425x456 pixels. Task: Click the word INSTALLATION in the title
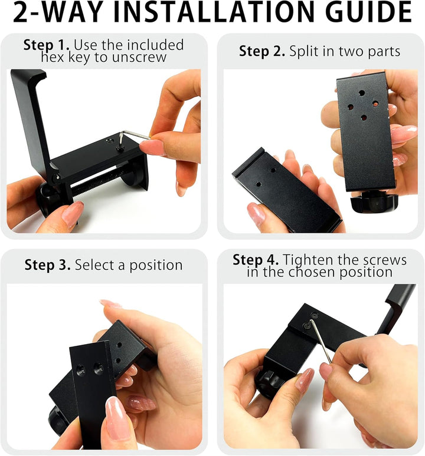pos(217,12)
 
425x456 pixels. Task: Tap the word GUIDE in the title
pos(368,12)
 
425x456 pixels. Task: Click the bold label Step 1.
pos(46,45)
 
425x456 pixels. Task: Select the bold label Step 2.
pos(262,51)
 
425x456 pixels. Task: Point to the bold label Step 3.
pos(47,265)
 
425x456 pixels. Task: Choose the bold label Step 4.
pos(256,260)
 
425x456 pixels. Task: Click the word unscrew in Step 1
pos(139,57)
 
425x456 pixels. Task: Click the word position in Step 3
pos(156,266)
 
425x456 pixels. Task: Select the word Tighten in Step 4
pos(307,260)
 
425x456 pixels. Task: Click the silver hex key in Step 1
pos(133,138)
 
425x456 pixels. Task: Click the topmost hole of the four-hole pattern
pos(361,93)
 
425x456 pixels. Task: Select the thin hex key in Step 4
pos(320,341)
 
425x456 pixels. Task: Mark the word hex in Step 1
pos(52,57)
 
